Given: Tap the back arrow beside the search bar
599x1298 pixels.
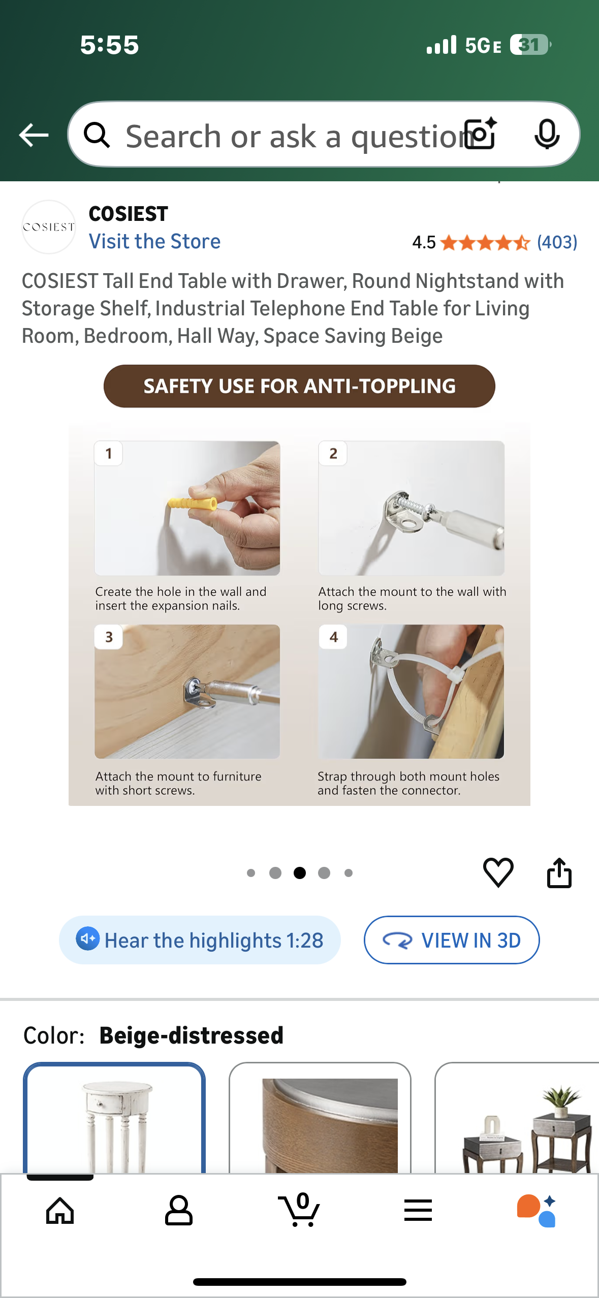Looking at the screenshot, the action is (34, 135).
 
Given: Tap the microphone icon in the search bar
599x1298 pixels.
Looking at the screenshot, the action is (547, 135).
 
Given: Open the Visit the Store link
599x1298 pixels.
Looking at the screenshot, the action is (154, 241).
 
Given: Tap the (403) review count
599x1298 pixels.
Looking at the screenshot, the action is (557, 242).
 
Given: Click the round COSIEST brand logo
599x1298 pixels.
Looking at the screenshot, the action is (49, 227).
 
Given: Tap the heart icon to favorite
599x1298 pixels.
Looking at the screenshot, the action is (498, 872).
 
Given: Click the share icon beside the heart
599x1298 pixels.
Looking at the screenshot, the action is (559, 872).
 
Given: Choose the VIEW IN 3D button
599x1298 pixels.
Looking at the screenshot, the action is (452, 940).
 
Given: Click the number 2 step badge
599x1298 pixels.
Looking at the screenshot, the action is (333, 453).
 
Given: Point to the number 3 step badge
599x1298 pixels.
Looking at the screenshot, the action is (109, 637).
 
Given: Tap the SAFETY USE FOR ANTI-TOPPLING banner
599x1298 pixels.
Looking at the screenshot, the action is (299, 386).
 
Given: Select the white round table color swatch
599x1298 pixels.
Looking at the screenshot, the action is (114, 1118).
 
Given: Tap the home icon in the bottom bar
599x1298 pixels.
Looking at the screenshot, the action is (60, 1211).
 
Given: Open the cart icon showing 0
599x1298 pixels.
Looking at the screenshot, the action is (300, 1210).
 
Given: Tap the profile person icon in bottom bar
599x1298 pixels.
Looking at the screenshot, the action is (179, 1210).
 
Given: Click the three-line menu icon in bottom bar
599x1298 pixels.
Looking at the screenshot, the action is (418, 1211).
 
